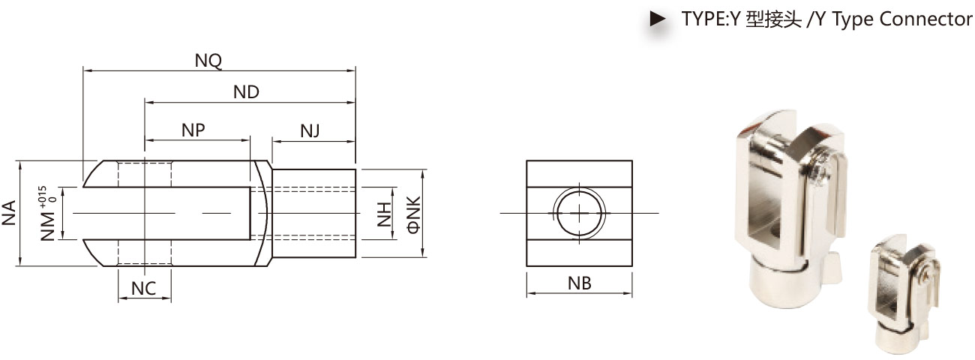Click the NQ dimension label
(x=208, y=61)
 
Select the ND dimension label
(x=246, y=91)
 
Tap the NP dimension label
(x=193, y=130)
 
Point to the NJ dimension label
(x=310, y=130)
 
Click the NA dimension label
(x=9, y=213)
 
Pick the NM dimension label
(x=48, y=226)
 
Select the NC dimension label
(x=144, y=289)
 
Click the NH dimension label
(x=384, y=214)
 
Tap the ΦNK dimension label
(x=414, y=214)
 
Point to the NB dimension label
(x=579, y=283)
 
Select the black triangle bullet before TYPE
(x=657, y=19)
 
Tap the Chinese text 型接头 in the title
(x=773, y=19)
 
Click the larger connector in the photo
(x=791, y=209)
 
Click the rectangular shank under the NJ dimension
(x=313, y=213)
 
